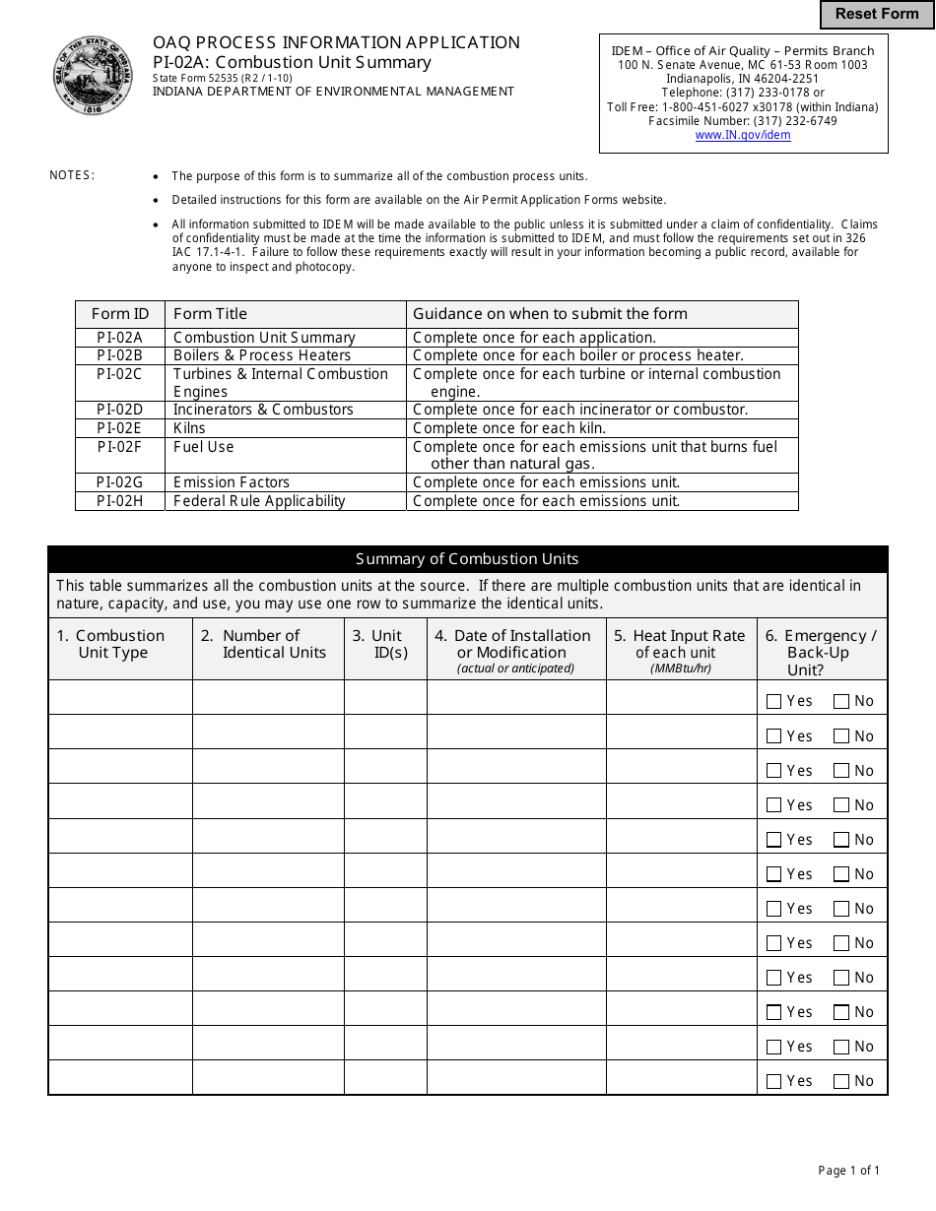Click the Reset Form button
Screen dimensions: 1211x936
tap(876, 14)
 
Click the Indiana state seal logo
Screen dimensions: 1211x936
tap(93, 75)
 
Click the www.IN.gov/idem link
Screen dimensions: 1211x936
tap(743, 135)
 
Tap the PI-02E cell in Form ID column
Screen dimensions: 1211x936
tap(119, 428)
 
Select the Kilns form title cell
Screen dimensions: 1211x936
tap(285, 428)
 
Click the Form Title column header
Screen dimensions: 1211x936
tap(285, 314)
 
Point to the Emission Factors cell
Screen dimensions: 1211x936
tap(285, 482)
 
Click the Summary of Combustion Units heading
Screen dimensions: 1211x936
tap(467, 559)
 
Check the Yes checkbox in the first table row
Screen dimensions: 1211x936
tap(773, 702)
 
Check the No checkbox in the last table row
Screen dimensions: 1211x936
tap(840, 1081)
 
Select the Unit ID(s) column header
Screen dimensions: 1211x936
tap(385, 644)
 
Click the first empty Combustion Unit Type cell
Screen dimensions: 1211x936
tap(120, 697)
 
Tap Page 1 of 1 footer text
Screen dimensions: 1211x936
tap(848, 1171)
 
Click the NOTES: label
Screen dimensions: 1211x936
tap(72, 175)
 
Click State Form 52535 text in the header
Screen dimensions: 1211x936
tap(223, 78)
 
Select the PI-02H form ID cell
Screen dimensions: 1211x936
tap(119, 501)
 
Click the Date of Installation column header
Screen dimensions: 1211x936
tap(515, 651)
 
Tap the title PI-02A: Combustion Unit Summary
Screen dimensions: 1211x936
tap(292, 62)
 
